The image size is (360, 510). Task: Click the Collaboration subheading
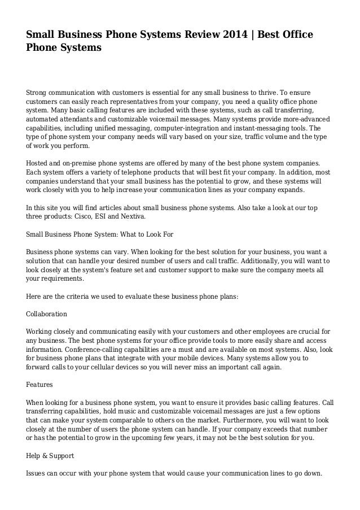tap(47, 313)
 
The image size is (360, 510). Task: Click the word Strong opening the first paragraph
tap(38, 93)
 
